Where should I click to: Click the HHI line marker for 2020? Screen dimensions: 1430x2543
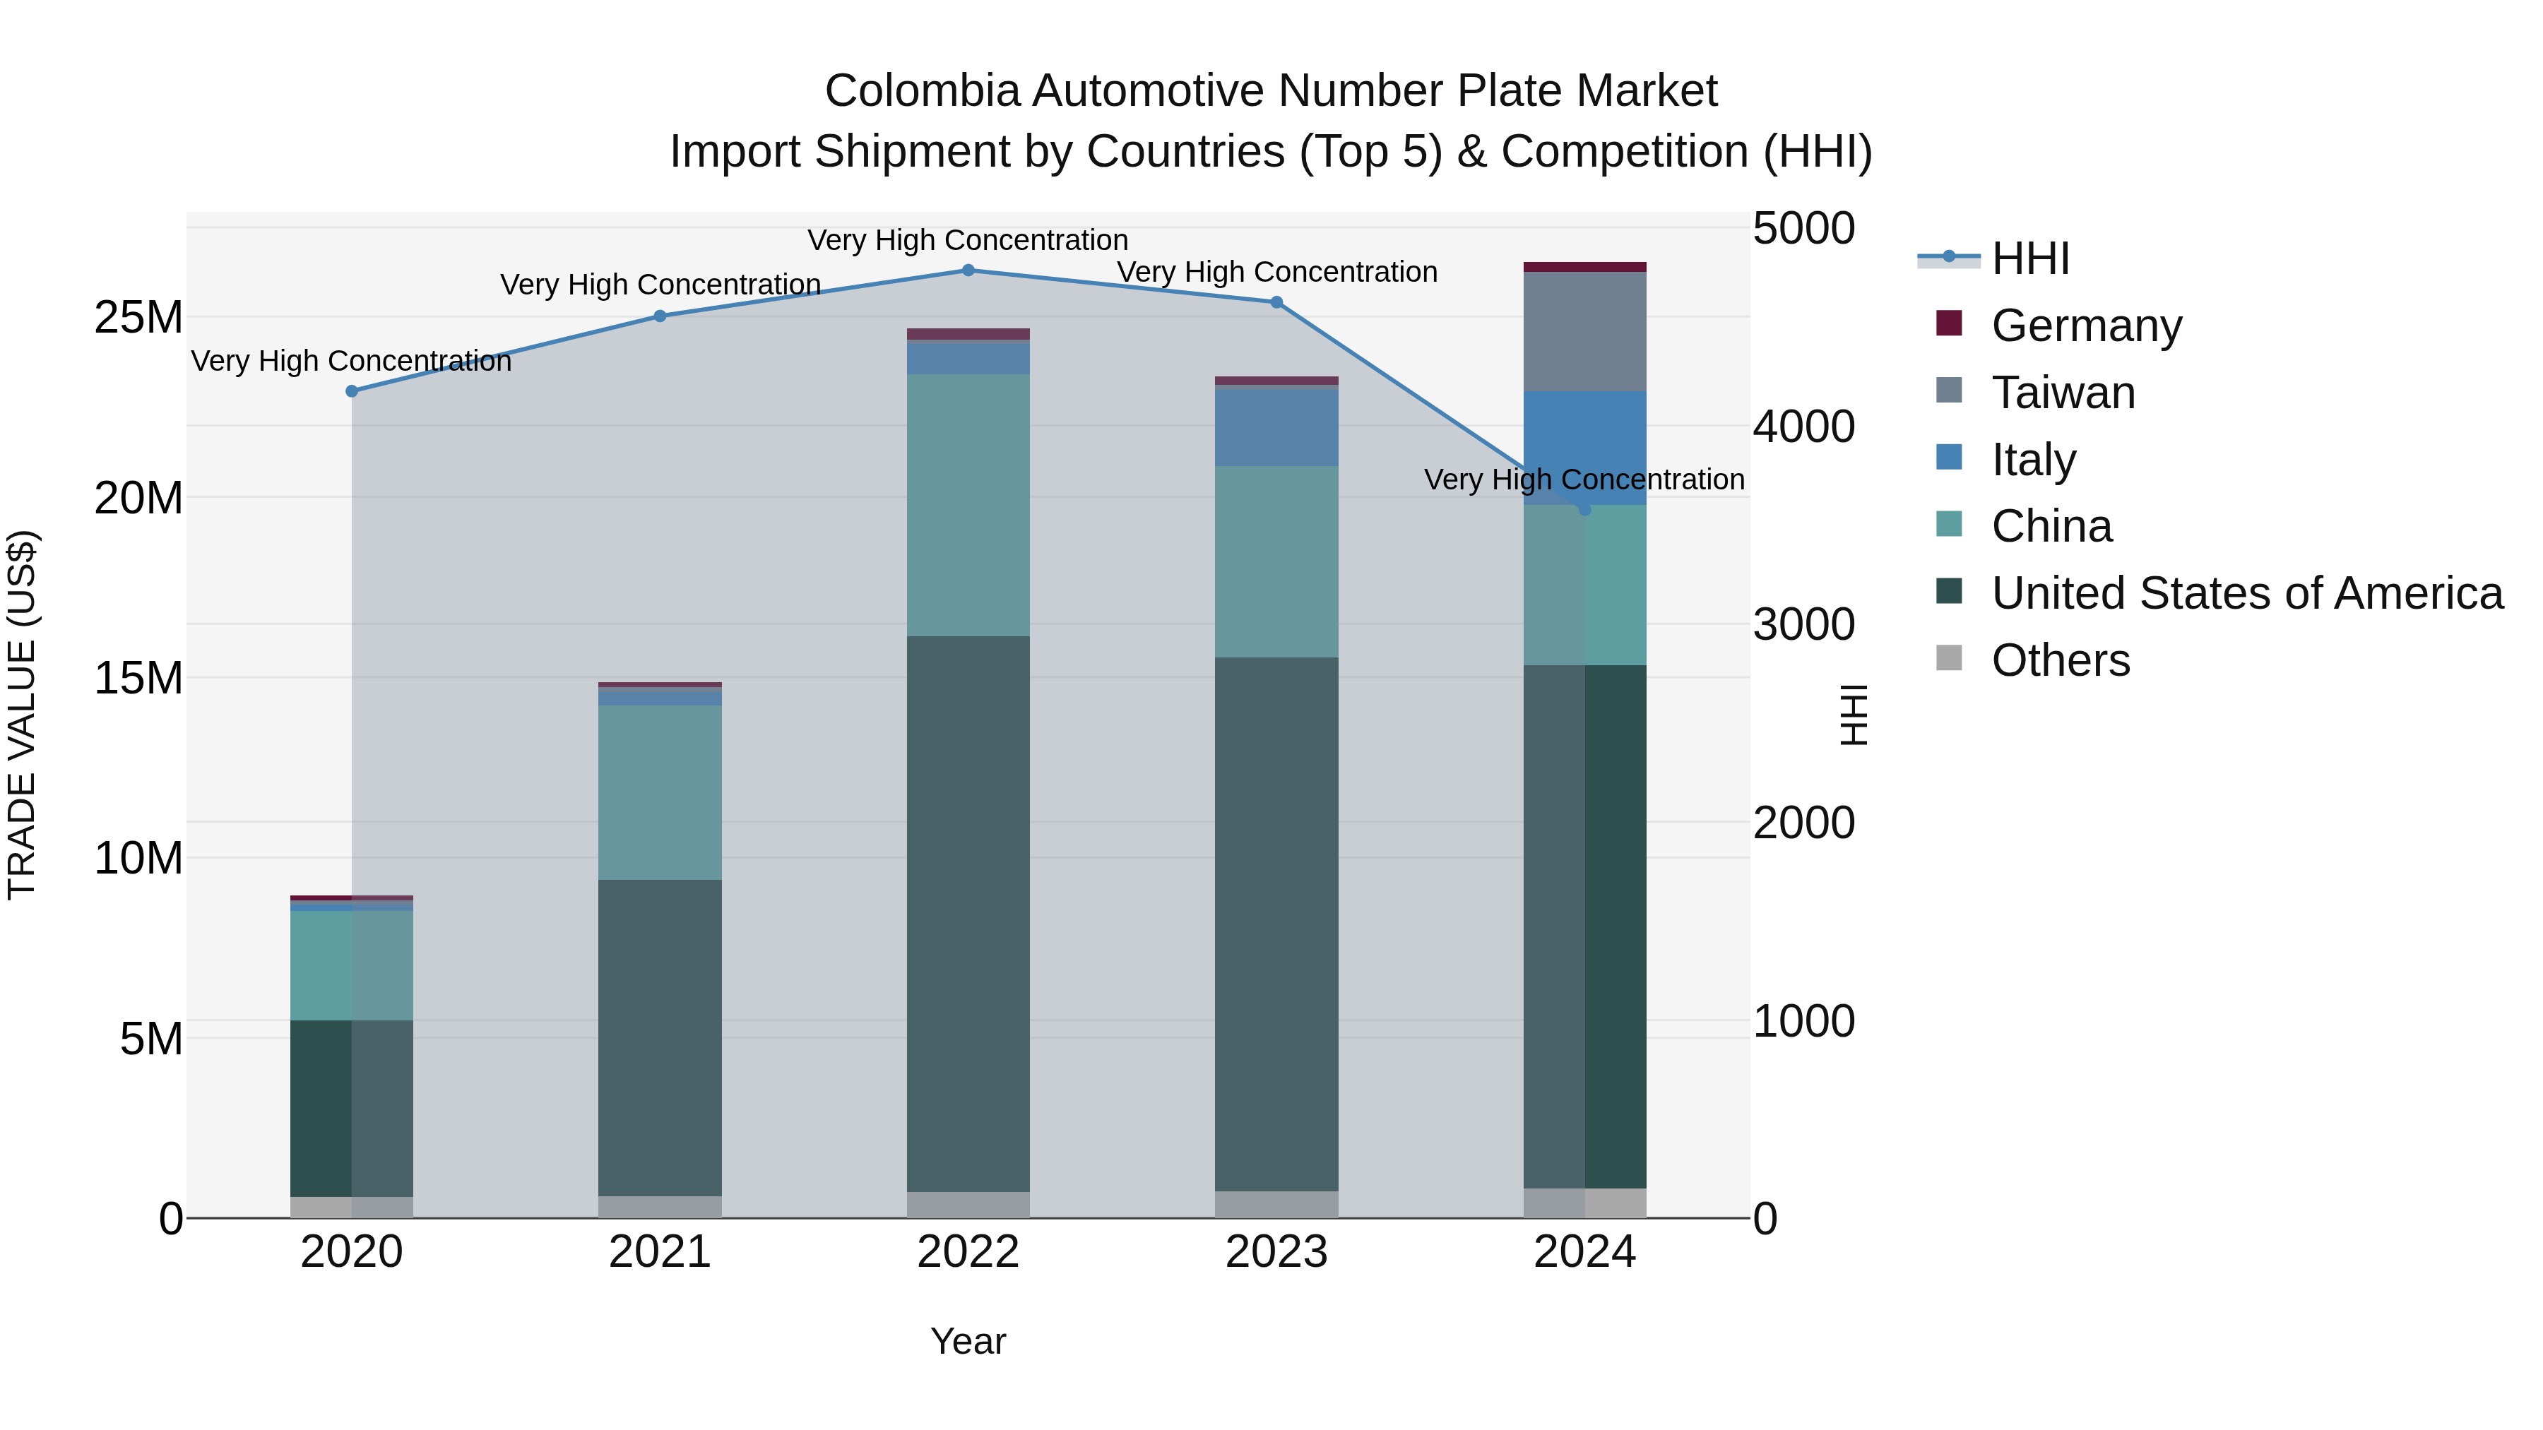pyautogui.click(x=352, y=391)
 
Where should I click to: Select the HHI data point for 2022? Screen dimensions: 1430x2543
pyautogui.click(x=968, y=270)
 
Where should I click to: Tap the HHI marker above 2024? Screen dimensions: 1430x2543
pyautogui.click(x=1584, y=509)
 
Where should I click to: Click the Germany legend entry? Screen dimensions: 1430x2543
pyautogui.click(x=2086, y=325)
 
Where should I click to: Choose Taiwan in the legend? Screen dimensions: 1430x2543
pyautogui.click(x=2063, y=392)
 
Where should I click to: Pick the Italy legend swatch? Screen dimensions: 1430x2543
pyautogui.click(x=1950, y=458)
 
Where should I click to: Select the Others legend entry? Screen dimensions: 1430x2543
pyautogui.click(x=2061, y=660)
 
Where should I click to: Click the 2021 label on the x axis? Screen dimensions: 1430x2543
pyautogui.click(x=660, y=1252)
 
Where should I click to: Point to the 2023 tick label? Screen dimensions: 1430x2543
pyautogui.click(x=1276, y=1252)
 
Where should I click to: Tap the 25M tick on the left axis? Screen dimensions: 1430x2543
pyautogui.click(x=138, y=318)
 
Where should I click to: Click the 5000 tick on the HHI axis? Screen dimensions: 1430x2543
pyautogui.click(x=1803, y=229)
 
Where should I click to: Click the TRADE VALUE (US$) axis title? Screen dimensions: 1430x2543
pyautogui.click(x=22, y=715)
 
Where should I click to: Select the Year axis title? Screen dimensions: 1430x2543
pyautogui.click(x=968, y=1341)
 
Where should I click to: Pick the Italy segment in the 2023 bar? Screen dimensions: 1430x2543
pyautogui.click(x=1276, y=427)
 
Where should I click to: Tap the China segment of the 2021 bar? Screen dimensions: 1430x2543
pyautogui.click(x=660, y=792)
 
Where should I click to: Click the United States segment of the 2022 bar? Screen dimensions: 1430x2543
pyautogui.click(x=968, y=913)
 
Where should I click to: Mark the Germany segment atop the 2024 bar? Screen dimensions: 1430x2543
pyautogui.click(x=1584, y=266)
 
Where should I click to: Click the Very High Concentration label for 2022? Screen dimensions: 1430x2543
pyautogui.click(x=968, y=240)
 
